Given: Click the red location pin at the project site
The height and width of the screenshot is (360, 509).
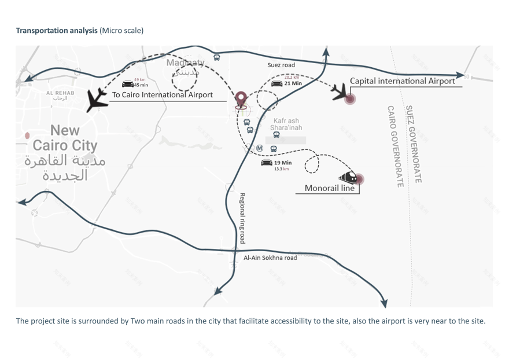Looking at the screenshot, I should pyautogui.click(x=241, y=98).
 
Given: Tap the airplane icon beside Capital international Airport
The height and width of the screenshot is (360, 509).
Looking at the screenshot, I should pyautogui.click(x=340, y=91).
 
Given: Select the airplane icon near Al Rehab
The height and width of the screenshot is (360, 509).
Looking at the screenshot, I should pyautogui.click(x=97, y=100).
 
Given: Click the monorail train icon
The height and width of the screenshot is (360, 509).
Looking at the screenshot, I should pyautogui.click(x=348, y=177).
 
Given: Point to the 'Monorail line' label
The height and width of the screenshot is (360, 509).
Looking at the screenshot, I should pyautogui.click(x=329, y=188).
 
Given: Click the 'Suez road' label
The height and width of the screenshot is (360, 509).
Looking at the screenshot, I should pyautogui.click(x=281, y=65).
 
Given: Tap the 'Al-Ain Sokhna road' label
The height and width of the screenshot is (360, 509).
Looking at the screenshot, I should pyautogui.click(x=270, y=258).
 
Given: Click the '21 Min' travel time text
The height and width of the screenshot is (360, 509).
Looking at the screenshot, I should pyautogui.click(x=293, y=83).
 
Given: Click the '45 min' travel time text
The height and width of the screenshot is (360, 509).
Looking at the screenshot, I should pyautogui.click(x=141, y=85).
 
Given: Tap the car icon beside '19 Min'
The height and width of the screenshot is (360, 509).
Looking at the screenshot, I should pyautogui.click(x=267, y=163).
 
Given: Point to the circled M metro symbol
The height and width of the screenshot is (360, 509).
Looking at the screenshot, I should pyautogui.click(x=260, y=148).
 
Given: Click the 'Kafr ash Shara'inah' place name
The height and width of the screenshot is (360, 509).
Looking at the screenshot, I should pyautogui.click(x=286, y=124).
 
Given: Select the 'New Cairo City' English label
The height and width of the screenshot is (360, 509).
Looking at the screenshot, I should pyautogui.click(x=64, y=138).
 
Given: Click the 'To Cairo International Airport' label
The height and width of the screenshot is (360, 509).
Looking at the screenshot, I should pyautogui.click(x=162, y=95).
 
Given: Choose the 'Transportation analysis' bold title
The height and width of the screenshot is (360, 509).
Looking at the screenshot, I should pyautogui.click(x=57, y=30).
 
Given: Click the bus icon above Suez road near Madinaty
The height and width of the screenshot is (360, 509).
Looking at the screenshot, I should pyautogui.click(x=217, y=57).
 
